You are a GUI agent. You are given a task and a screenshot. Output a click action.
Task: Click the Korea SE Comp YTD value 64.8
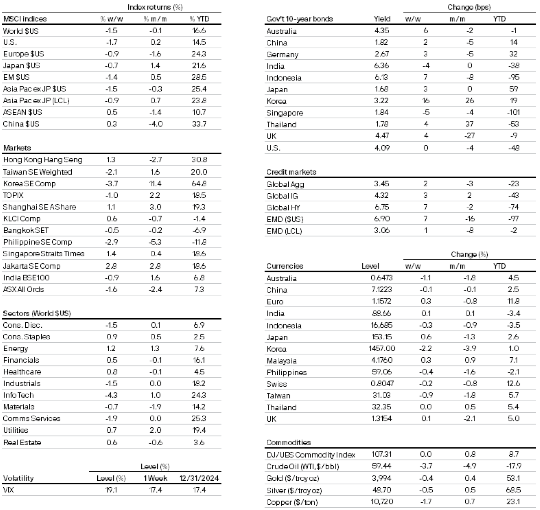(x=199, y=183)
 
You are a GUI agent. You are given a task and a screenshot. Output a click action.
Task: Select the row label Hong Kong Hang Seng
(x=43, y=160)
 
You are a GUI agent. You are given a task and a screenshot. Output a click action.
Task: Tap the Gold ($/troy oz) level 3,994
(x=381, y=478)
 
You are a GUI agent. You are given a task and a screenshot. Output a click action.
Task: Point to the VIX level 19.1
(x=111, y=490)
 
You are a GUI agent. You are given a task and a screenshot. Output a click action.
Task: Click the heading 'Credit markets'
(x=291, y=172)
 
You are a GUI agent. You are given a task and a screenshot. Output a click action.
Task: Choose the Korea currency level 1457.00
(x=382, y=349)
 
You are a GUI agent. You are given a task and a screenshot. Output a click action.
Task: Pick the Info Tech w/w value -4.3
(x=111, y=395)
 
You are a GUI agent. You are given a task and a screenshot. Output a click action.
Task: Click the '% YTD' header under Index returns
(x=199, y=19)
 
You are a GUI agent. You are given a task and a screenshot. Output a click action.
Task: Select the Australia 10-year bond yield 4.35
(x=382, y=31)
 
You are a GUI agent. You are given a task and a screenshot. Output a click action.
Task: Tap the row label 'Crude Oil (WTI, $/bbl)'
(x=303, y=466)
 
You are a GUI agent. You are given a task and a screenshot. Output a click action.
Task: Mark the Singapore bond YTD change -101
(x=513, y=112)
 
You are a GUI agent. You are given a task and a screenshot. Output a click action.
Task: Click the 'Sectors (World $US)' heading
(x=37, y=313)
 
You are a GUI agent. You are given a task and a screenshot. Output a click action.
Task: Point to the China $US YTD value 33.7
(x=199, y=124)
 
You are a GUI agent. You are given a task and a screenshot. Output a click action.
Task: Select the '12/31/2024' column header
(x=199, y=478)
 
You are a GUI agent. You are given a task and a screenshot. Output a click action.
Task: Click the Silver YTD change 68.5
(x=513, y=490)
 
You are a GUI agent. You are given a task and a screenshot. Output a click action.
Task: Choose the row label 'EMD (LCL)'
(x=284, y=231)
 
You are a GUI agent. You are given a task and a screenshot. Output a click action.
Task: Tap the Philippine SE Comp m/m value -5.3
(x=155, y=242)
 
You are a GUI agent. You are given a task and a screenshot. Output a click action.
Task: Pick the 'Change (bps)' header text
(x=469, y=7)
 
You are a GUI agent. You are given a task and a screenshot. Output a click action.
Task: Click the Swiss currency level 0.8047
(x=381, y=384)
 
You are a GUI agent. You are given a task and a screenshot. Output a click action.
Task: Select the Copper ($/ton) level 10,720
(x=381, y=502)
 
